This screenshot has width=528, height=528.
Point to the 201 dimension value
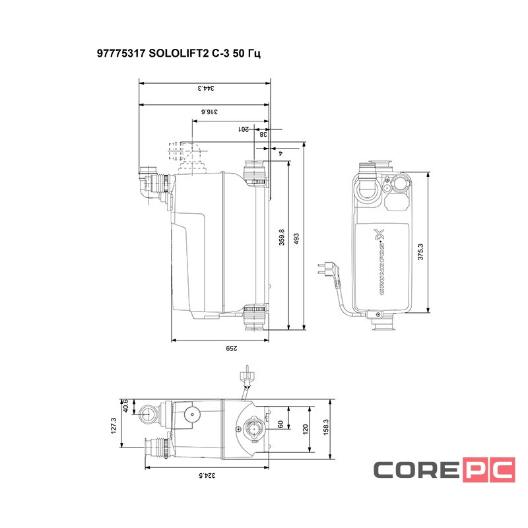point(244,129)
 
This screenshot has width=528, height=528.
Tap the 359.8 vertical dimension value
point(282,238)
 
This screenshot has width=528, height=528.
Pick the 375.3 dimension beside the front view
point(421,251)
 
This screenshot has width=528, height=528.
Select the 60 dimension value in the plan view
point(280,424)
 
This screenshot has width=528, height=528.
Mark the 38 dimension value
point(263,134)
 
